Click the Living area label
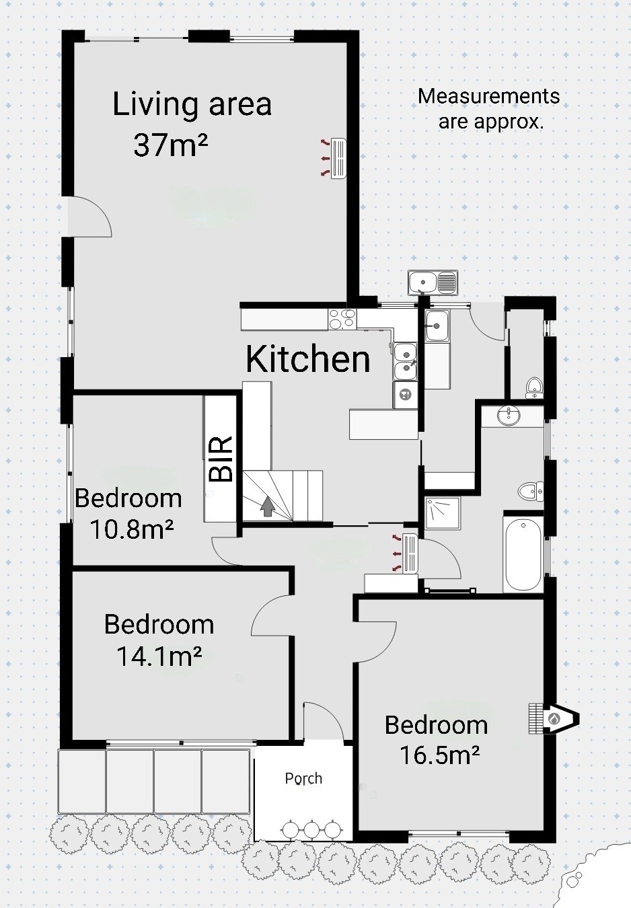coord(192,104)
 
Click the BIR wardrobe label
coord(221,459)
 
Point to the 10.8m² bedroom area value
coord(132,529)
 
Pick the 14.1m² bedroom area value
coord(159,656)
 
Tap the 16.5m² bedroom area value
coord(440,755)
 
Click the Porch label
coord(304,778)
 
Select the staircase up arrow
coord(267,506)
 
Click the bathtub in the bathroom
coord(523,554)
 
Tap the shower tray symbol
coord(443,514)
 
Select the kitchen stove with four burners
coord(342,319)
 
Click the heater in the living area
coord(338,159)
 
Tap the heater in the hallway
coord(410,554)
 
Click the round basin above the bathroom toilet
coord(509,416)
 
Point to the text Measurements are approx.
coord(489,109)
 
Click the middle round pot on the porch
coord(311,829)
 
